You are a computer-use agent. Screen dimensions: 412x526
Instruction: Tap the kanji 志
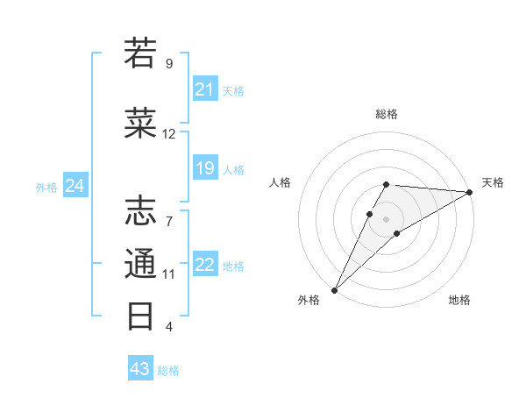point(141,211)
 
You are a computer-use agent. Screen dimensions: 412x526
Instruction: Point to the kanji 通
point(141,263)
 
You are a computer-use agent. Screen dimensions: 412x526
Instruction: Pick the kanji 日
point(141,316)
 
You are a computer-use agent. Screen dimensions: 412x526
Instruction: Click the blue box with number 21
point(205,89)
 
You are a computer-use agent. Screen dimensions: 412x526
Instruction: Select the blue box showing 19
point(205,168)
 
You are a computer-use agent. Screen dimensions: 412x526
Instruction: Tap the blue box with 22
point(205,266)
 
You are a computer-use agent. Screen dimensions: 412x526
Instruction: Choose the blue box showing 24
point(75,186)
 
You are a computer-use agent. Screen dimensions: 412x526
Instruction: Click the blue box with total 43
point(140,369)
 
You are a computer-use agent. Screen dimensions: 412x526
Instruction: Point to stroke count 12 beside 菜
point(169,134)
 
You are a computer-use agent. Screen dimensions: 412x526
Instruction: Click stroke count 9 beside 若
point(169,64)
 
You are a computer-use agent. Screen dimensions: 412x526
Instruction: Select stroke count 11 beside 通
point(169,274)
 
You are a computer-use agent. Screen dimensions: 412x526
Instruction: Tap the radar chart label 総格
point(386,114)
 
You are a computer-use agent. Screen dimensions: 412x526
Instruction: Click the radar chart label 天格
point(493,182)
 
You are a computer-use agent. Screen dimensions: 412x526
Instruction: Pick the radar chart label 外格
point(309,301)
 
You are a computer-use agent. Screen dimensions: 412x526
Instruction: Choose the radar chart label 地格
point(459,301)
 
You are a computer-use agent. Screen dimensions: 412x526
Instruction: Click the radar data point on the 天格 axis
point(470,192)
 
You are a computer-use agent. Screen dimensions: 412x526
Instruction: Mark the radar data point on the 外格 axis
point(334,289)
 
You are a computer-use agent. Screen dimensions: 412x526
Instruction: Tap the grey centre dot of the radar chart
point(386,217)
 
